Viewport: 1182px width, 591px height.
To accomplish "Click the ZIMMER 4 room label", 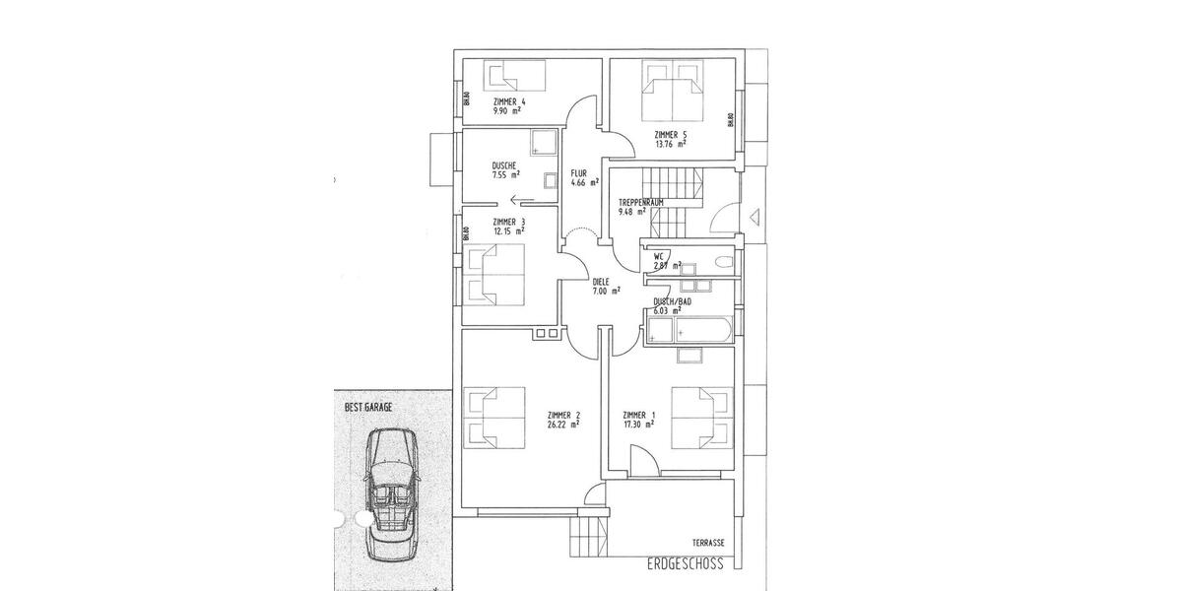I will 509,102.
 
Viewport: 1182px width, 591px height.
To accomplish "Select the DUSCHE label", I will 505,165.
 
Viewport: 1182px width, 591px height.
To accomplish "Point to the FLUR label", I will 578,172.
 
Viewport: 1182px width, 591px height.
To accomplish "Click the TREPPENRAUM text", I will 640,202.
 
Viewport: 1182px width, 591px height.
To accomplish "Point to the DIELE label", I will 601,281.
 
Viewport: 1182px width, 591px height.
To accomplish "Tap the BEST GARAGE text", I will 368,406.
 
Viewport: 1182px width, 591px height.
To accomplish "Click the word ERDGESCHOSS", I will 686,564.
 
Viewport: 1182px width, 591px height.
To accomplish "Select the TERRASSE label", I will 708,543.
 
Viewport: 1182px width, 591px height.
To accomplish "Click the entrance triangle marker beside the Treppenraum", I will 755,216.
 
